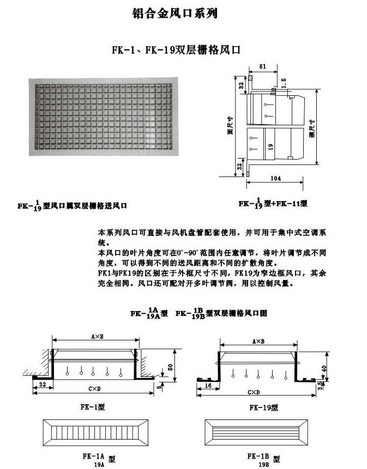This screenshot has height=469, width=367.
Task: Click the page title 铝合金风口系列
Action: coord(175,14)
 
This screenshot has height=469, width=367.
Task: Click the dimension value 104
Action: coord(275,178)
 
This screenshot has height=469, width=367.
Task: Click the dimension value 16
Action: coord(208,385)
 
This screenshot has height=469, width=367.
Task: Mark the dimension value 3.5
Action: coord(321,386)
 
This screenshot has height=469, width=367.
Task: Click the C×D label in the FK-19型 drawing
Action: coord(254,392)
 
